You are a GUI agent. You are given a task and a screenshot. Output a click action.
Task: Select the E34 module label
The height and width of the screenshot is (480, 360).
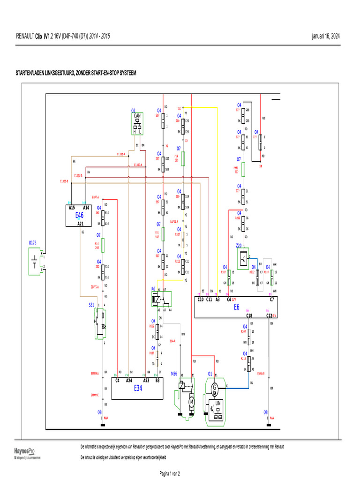pos(138,388)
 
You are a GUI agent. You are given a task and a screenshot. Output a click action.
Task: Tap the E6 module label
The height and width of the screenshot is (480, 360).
pos(237,307)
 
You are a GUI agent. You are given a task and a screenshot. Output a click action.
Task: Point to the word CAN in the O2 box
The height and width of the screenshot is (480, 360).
pos(137,115)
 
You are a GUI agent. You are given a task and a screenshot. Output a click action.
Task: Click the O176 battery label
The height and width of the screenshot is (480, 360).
pos(33,243)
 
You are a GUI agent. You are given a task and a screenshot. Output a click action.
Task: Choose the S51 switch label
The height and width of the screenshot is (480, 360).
pos(91,304)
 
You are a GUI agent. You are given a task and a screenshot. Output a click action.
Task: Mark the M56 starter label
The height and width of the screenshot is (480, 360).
pos(174,374)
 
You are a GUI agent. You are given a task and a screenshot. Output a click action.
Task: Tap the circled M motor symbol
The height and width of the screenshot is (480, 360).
pos(191,401)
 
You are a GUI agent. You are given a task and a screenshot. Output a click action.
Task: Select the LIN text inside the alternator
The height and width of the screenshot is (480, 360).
pos(218,403)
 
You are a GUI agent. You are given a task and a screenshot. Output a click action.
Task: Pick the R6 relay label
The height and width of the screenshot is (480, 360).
pos(153,289)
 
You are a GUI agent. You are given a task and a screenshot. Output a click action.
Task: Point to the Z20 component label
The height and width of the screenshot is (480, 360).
pos(239,245)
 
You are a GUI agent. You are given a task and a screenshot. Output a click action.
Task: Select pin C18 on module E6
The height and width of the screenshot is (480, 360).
pos(249,315)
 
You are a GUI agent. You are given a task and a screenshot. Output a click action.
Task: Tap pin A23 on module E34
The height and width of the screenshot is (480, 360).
pos(146,380)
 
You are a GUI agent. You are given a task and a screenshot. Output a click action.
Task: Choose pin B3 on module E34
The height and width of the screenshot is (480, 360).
pos(157,380)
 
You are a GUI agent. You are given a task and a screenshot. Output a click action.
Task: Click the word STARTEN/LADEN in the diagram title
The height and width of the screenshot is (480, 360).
pos(32,73)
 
